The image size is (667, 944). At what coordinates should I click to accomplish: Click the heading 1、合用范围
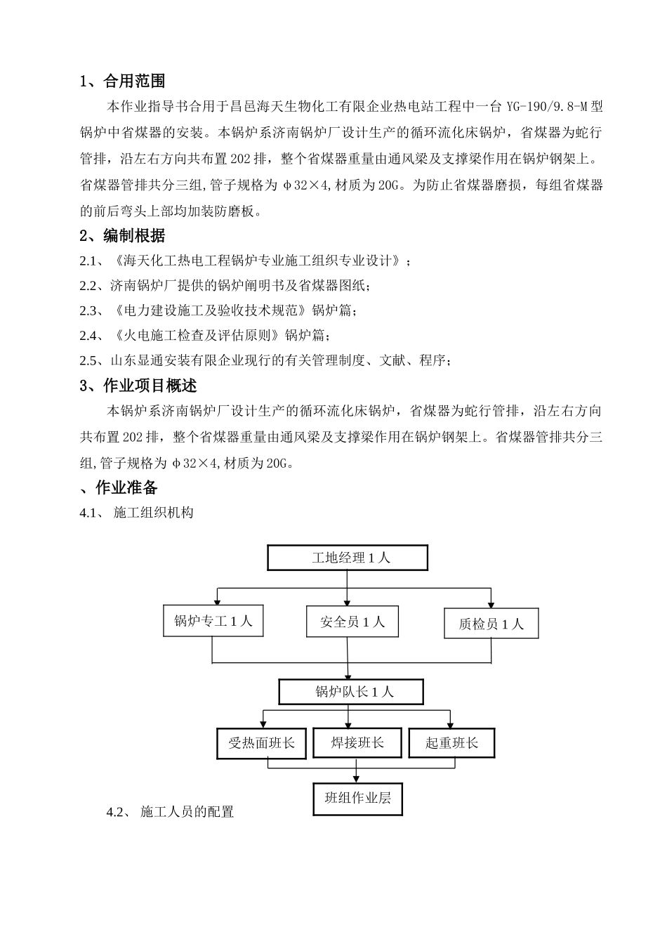tap(123, 81)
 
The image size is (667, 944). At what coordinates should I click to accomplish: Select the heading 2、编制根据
tap(123, 235)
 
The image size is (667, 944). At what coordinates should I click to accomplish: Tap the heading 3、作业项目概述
tap(138, 386)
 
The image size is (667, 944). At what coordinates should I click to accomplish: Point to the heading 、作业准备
tap(119, 487)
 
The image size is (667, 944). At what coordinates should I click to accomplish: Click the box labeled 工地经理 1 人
tap(348, 558)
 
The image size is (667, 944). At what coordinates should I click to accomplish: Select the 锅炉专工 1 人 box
tap(213, 621)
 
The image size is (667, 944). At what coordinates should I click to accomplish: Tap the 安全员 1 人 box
tap(352, 622)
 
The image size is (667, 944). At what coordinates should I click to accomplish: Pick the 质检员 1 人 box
tap(491, 624)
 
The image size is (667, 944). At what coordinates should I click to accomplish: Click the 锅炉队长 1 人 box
tap(351, 692)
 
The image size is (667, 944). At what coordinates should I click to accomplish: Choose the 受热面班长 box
tap(261, 743)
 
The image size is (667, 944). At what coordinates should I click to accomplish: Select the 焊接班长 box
tap(357, 742)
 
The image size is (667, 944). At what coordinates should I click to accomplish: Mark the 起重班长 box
tap(451, 743)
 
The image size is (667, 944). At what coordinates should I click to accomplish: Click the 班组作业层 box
tap(357, 798)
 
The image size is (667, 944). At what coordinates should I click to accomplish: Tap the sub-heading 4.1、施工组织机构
tap(137, 513)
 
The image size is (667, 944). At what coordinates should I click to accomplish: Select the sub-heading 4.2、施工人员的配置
tap(170, 812)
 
